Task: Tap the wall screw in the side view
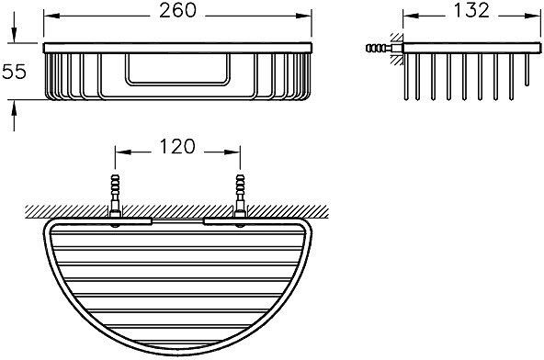coord(377,47)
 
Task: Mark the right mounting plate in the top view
coord(233,220)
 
